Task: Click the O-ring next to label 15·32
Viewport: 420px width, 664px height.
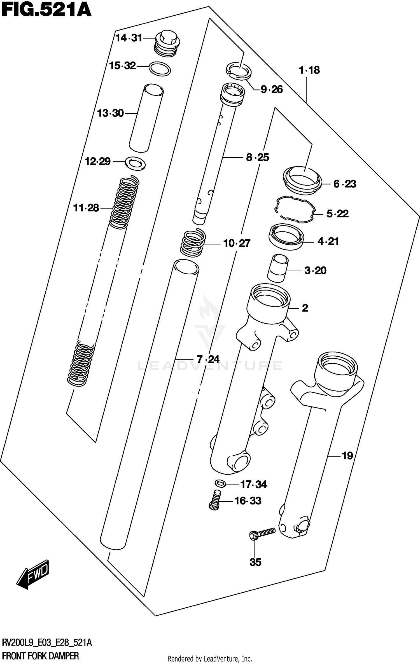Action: click(160, 69)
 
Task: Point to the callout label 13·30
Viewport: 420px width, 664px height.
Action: click(110, 113)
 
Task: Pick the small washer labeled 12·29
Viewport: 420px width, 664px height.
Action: click(136, 163)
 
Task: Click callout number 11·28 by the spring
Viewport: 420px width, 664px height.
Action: click(86, 208)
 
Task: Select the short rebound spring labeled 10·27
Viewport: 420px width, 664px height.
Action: click(193, 243)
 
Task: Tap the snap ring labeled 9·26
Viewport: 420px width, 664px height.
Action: click(239, 71)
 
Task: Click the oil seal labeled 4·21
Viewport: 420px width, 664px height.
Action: click(286, 237)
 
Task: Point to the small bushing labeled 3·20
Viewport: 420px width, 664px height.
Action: click(277, 268)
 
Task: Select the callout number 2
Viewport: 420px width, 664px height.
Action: click(305, 308)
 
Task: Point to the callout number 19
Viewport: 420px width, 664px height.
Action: click(347, 456)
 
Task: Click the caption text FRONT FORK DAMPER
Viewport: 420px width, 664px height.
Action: click(40, 656)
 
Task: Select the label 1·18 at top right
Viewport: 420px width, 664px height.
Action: click(309, 70)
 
